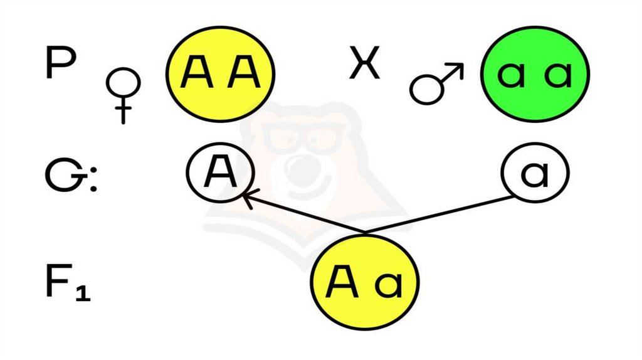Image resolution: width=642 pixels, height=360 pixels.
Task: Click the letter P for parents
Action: pos(61,64)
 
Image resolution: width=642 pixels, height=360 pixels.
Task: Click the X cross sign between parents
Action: pos(364,65)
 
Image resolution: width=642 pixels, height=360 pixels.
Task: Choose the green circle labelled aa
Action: pos(536,74)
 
